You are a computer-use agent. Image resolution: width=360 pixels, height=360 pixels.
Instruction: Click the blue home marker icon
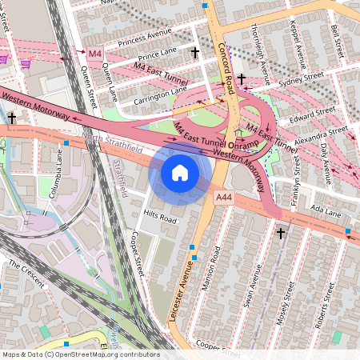180,172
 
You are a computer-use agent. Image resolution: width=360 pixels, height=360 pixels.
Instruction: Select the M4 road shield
95,54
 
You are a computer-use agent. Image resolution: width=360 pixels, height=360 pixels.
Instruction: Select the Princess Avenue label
145,37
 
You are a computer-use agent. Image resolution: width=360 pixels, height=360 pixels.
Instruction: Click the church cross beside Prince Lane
194,53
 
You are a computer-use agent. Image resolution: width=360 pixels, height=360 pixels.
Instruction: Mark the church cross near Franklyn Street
280,234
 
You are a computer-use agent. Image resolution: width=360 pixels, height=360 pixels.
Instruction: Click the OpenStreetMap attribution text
81,354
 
